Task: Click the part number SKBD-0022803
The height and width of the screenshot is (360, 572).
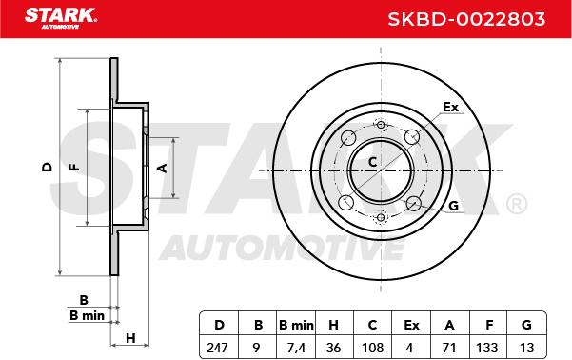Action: tap(466, 19)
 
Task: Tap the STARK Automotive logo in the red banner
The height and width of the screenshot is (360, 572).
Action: tap(61, 18)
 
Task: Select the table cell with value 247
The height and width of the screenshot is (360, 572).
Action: tap(217, 348)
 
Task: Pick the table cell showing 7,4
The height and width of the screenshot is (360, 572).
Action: tap(296, 348)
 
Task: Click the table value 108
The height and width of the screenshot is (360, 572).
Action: tap(372, 348)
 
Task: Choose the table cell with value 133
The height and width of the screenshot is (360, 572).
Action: tap(487, 348)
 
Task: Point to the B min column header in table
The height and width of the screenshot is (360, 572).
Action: tap(296, 325)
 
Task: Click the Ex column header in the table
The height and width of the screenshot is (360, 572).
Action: tap(411, 325)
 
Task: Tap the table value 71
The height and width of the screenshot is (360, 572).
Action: tap(449, 348)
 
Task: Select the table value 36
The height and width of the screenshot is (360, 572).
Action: tap(333, 348)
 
